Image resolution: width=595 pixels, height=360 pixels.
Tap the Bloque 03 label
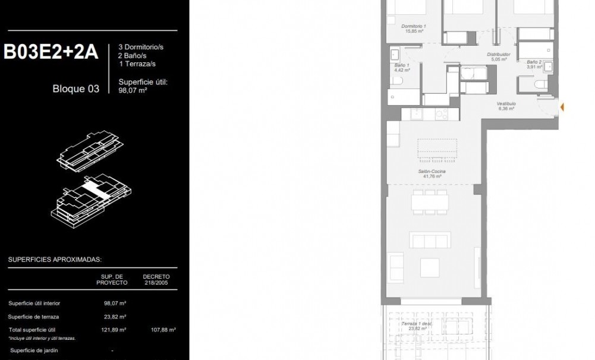[x=76, y=90]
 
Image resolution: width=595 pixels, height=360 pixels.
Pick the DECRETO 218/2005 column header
[x=156, y=279]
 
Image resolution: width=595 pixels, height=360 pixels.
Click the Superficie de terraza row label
[x=34, y=317]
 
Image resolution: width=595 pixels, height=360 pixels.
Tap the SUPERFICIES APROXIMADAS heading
[x=55, y=260]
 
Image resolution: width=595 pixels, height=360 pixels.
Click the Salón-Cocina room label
[x=432, y=173]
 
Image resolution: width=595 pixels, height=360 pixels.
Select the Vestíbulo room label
[x=506, y=106]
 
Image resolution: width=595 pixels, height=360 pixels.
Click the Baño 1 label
[x=402, y=67]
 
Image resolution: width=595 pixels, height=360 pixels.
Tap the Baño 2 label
[x=533, y=64]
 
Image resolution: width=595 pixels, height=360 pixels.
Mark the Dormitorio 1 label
[x=414, y=29]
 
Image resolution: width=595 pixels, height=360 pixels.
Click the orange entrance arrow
[x=562, y=108]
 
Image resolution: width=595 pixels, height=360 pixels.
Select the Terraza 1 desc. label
[x=416, y=325]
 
